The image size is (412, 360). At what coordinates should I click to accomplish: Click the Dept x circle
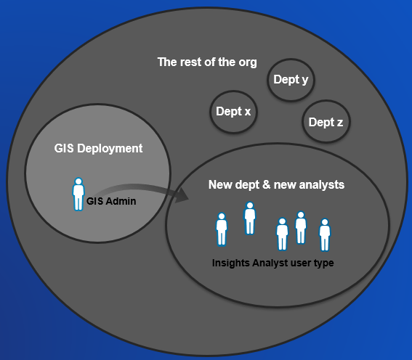233,112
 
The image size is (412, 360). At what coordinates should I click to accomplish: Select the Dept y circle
291,80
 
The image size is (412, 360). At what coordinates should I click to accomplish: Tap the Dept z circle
326,121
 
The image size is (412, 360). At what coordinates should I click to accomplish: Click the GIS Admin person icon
78,195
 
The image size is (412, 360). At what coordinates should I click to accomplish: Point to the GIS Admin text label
111,201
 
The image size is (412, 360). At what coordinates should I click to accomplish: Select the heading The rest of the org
207,62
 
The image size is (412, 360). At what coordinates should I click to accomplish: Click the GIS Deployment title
98,149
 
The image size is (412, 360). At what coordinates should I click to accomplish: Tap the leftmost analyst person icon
222,229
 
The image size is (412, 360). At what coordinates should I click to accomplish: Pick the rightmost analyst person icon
325,235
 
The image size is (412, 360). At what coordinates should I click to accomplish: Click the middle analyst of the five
282,234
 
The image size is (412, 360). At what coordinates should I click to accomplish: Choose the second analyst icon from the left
250,218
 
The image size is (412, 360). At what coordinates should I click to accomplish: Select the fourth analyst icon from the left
301,227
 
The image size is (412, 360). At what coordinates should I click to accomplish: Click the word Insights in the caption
231,263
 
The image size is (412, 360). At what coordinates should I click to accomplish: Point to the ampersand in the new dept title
266,184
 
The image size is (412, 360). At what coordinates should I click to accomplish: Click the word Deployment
110,149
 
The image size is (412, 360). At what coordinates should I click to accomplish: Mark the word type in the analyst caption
323,263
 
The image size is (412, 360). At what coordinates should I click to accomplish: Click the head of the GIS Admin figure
78,181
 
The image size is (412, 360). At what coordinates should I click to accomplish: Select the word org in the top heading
248,63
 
